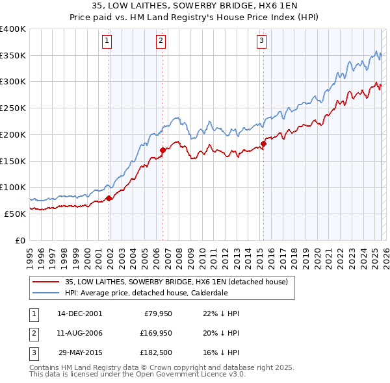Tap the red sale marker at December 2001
click(x=109, y=198)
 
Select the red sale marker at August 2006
click(x=162, y=151)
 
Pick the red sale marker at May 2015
click(x=263, y=143)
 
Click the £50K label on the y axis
click(x=15, y=213)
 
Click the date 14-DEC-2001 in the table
click(x=79, y=313)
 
